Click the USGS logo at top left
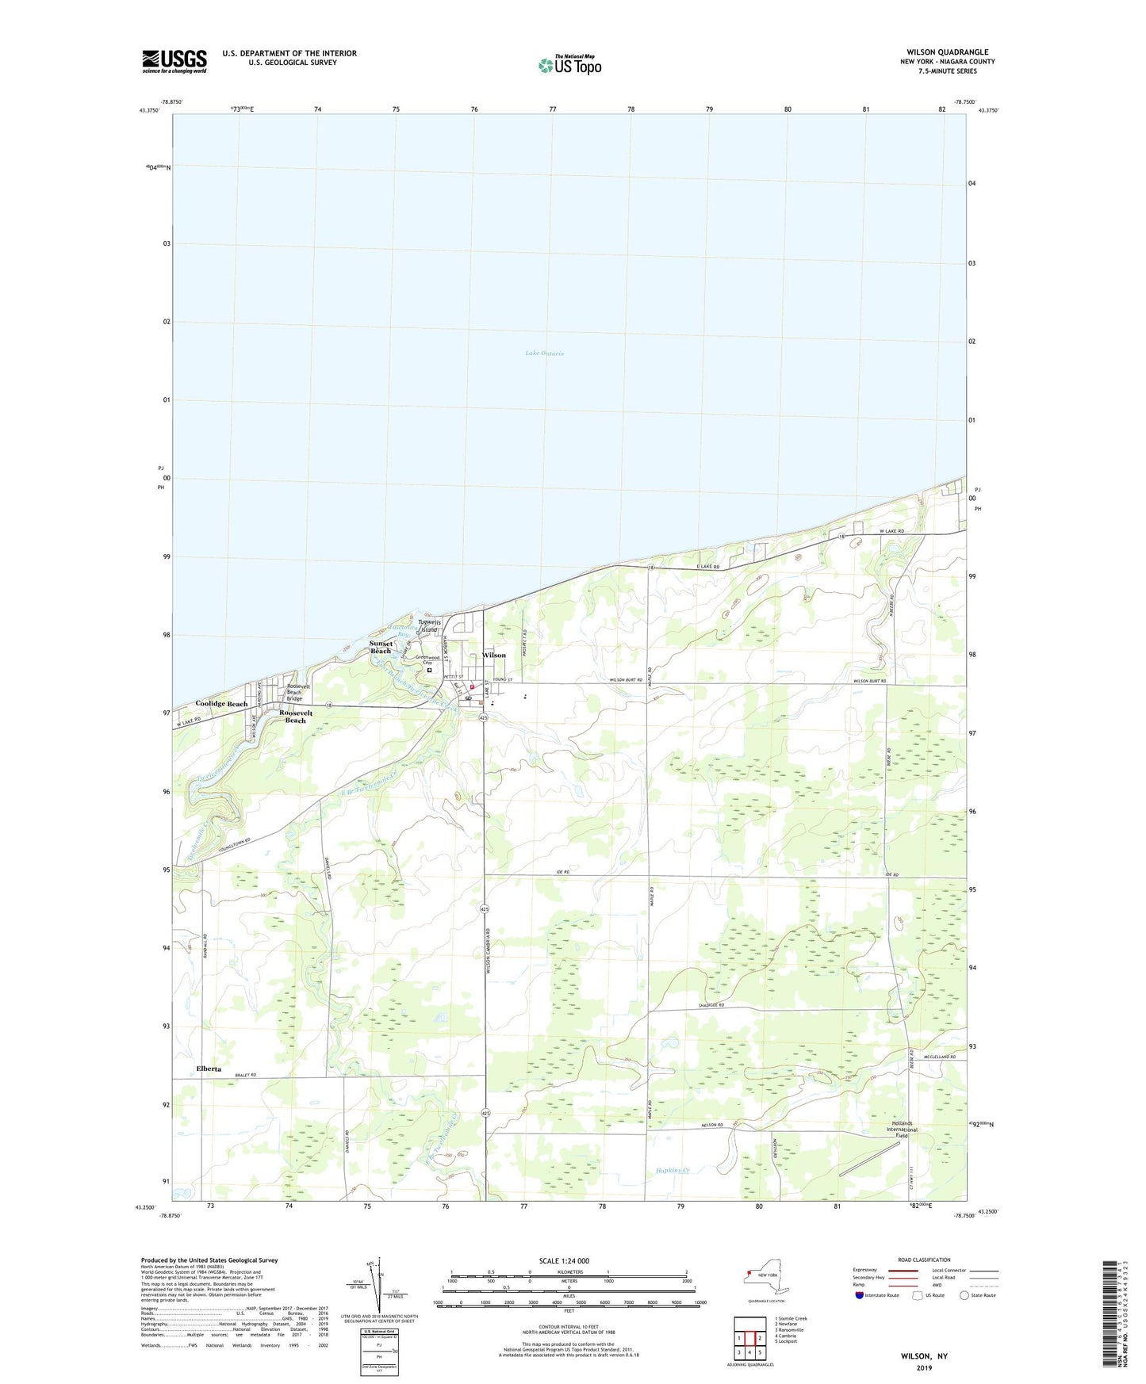[174, 61]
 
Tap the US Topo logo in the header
[569, 65]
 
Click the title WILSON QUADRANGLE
[948, 52]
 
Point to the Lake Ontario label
[544, 354]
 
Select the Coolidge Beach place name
[221, 704]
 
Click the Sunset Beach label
[381, 647]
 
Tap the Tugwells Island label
[429, 626]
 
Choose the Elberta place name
[209, 1069]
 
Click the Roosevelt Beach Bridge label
[294, 692]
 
